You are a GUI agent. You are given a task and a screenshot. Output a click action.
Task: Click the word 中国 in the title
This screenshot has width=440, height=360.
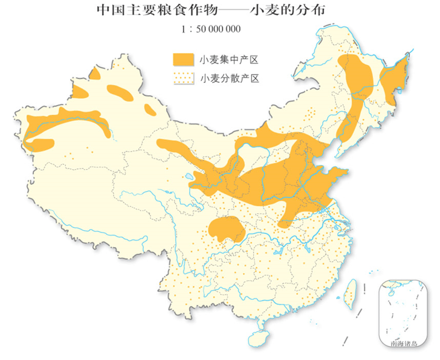click(x=108, y=11)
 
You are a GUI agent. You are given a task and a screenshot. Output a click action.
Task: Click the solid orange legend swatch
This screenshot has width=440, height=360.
click(x=182, y=59)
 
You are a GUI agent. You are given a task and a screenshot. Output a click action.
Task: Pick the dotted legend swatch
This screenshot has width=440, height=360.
click(x=182, y=78)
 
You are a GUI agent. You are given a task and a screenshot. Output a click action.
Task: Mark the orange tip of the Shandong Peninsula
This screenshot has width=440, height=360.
click(x=340, y=175)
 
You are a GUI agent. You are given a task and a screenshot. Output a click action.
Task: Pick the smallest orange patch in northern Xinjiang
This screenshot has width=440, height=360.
click(x=148, y=109)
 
